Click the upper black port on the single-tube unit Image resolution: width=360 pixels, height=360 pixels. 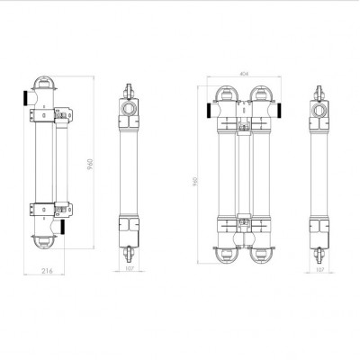pyautogui.click(x=21, y=95)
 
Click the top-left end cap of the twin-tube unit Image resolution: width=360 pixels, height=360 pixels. pyautogui.click(x=223, y=93)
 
